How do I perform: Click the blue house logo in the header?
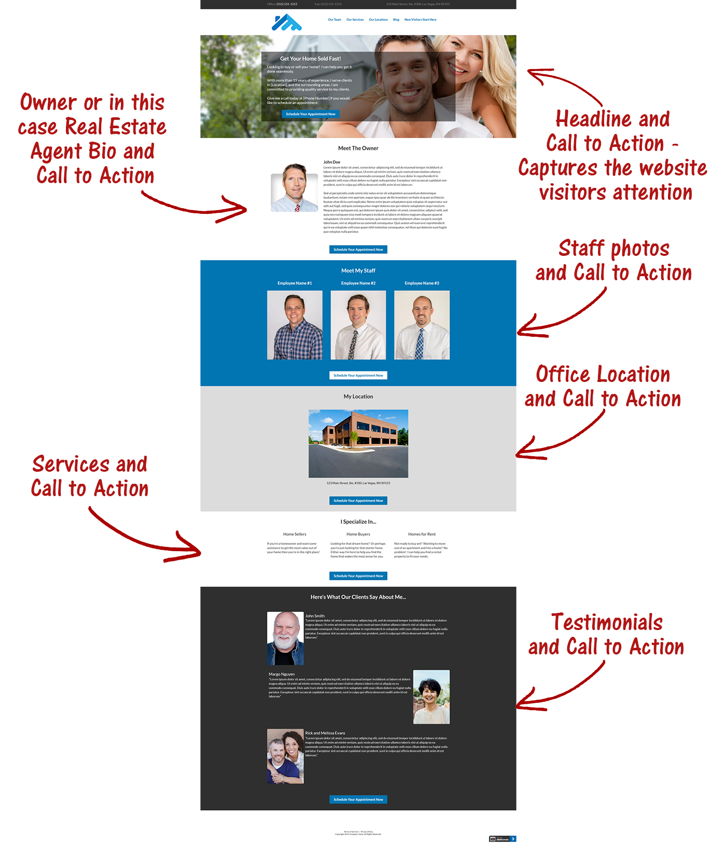coord(287,22)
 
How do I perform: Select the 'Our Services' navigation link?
coord(355,20)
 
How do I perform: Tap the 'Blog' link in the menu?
coord(396,20)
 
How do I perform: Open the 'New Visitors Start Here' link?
coord(420,20)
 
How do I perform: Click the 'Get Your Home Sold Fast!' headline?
coord(310,59)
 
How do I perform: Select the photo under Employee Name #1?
coord(295,325)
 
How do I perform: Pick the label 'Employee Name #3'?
coord(422,283)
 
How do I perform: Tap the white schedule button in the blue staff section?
coord(358,375)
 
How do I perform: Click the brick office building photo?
coord(358,443)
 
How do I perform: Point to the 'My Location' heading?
coord(358,397)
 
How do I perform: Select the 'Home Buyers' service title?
coord(358,534)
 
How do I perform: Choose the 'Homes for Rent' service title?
coord(422,534)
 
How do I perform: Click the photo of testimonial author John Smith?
coord(285,638)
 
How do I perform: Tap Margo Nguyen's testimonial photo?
coord(431,697)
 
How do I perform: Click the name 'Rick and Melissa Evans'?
coord(325,733)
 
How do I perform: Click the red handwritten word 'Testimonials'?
coord(607,622)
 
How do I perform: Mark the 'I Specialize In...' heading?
coord(358,522)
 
